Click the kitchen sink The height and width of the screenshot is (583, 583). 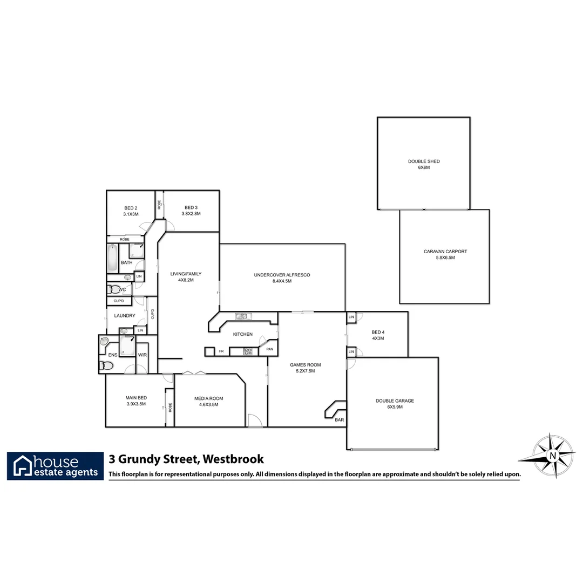coord(241,316)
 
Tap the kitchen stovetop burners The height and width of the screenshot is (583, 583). coord(248,351)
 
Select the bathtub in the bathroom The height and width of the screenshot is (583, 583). coord(113,259)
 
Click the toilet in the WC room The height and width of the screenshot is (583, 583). coord(113,289)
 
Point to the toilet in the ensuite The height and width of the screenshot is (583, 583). coord(107,366)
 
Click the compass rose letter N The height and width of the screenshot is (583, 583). coord(552,456)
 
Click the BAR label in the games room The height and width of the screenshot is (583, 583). coord(339,419)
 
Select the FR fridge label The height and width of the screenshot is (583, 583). coord(221,351)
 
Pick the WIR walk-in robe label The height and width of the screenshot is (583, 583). coord(142,355)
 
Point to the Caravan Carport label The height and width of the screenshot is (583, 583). coord(445,252)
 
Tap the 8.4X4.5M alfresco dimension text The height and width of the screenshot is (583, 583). coord(282,281)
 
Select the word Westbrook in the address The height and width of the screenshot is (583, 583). coord(234,459)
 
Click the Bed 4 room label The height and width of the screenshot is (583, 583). coord(378,332)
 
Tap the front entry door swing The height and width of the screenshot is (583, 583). coord(255,420)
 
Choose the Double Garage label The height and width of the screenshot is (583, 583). coord(395,401)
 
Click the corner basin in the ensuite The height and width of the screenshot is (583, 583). coord(104,341)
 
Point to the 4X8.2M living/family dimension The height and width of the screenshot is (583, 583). coord(186,280)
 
